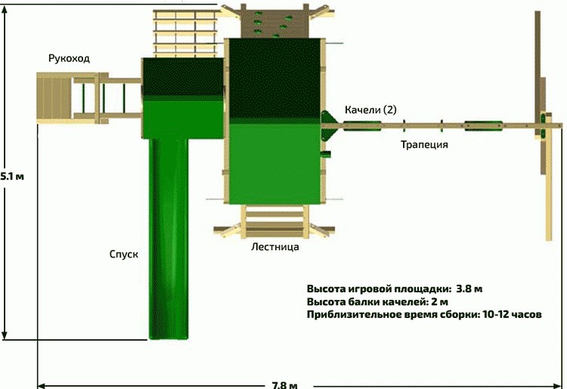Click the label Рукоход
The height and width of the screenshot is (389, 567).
point(69,58)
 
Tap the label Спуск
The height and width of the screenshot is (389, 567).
point(124,255)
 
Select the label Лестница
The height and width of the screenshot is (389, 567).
point(275,247)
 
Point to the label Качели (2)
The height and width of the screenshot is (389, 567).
point(370,110)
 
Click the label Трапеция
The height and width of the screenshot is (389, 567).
point(424,145)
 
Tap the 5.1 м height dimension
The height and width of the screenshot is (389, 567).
point(12,177)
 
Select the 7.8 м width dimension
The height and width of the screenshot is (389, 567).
point(285,385)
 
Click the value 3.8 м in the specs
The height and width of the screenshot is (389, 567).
point(469,289)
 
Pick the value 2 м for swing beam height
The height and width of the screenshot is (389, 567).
point(440,301)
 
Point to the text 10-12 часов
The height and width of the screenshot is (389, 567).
point(512,314)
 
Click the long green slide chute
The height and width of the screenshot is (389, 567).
point(169,239)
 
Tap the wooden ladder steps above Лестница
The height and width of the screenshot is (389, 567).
point(275,221)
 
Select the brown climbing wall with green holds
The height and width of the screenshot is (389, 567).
point(275,23)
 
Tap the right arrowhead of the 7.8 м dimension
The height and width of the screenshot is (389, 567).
point(559,385)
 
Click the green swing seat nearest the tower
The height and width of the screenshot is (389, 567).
point(362,125)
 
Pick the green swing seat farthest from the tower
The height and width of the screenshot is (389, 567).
point(484,125)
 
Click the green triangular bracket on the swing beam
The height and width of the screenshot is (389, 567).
point(328,125)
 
